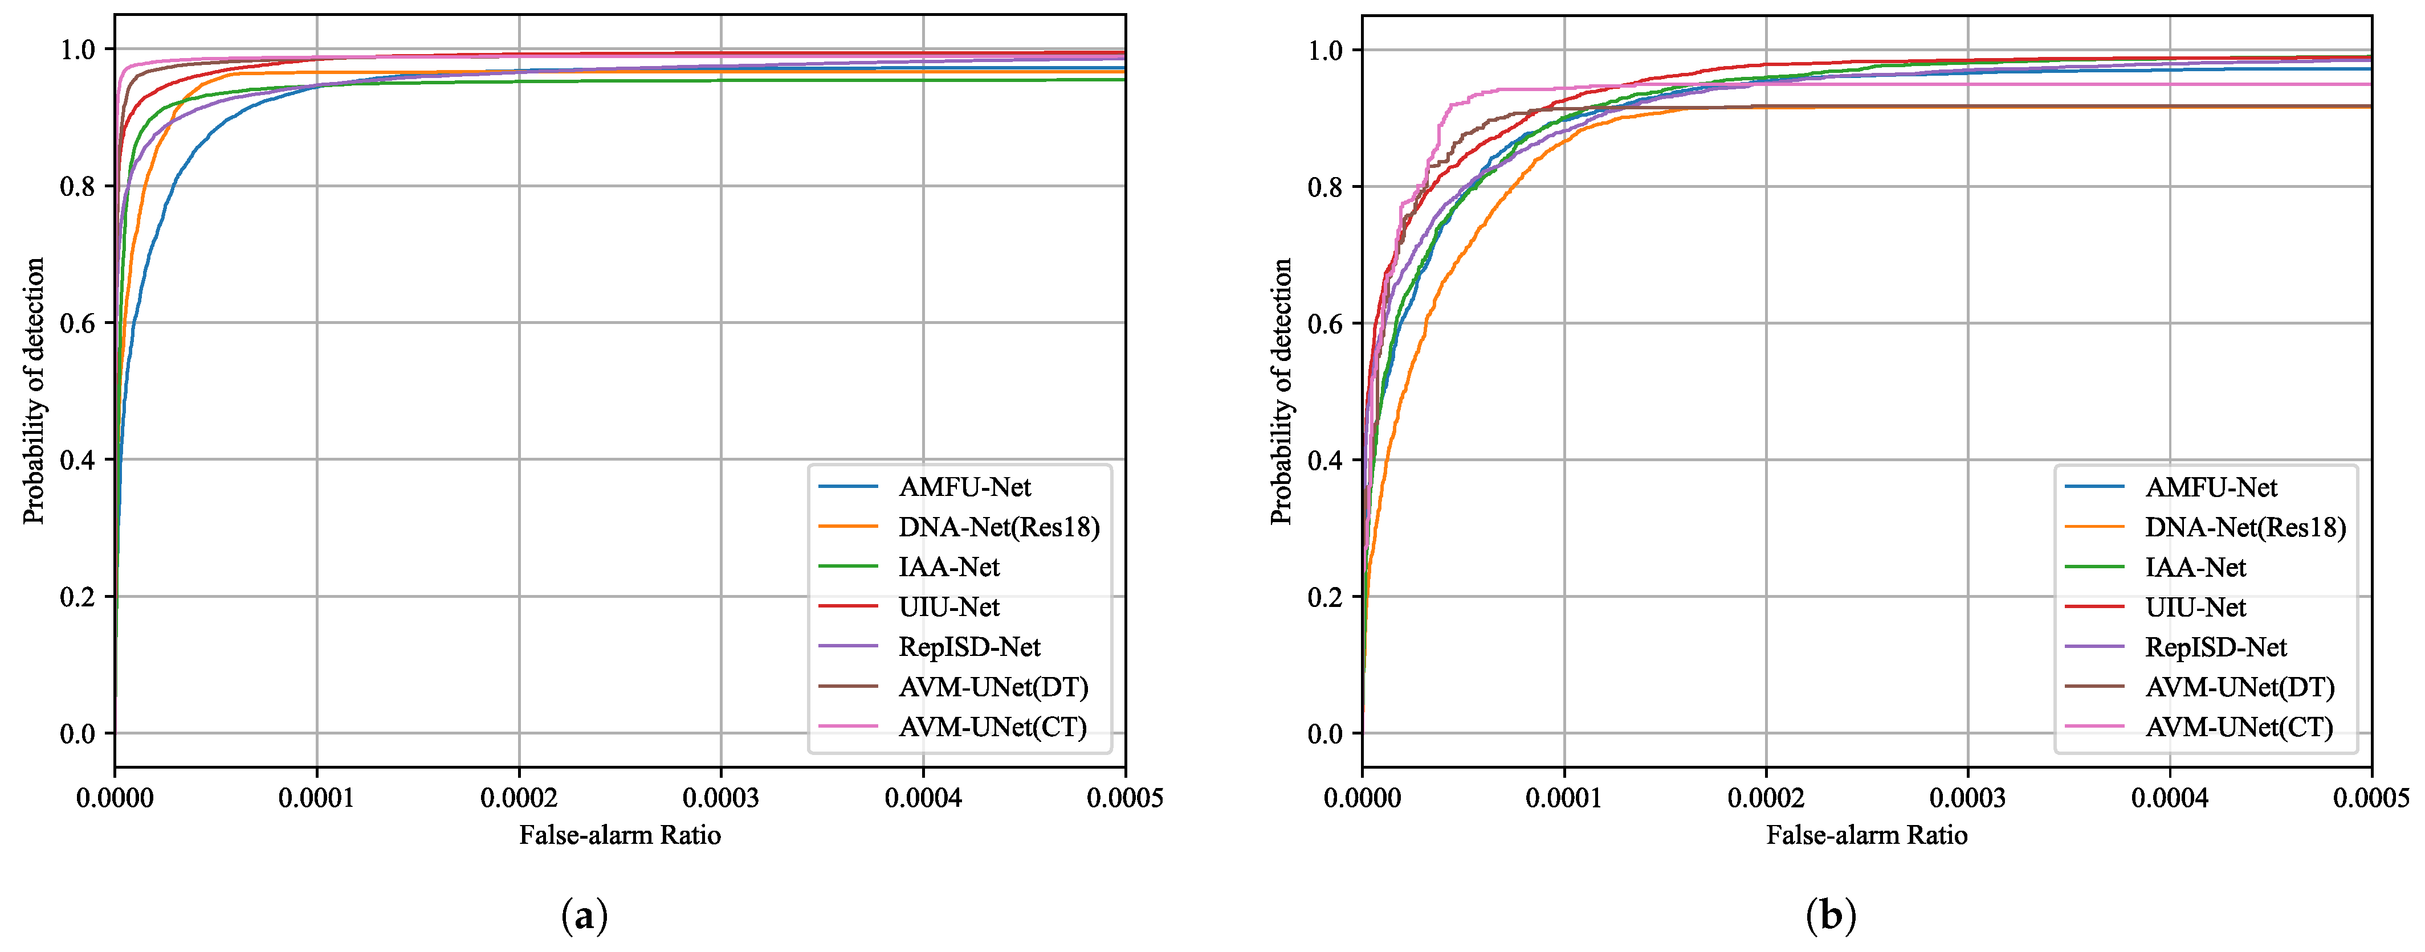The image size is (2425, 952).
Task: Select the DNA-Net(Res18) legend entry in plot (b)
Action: tap(2245, 528)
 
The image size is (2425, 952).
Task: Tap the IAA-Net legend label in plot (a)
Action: tap(949, 567)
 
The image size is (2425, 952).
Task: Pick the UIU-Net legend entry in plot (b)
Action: tap(2195, 608)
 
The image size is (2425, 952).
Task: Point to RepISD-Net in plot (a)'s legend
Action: tap(969, 647)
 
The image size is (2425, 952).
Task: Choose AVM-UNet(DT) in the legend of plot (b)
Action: tap(2240, 688)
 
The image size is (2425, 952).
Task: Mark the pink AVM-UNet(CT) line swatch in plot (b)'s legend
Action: tap(2094, 727)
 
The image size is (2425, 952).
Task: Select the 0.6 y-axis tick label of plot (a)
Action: tap(78, 323)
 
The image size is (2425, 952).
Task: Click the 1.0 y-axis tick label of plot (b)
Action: tap(1326, 51)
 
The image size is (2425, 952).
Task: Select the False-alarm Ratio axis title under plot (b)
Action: tap(1866, 835)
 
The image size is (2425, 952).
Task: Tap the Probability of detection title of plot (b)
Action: tap(1281, 391)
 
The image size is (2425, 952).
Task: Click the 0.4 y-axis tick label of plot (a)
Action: tap(78, 460)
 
